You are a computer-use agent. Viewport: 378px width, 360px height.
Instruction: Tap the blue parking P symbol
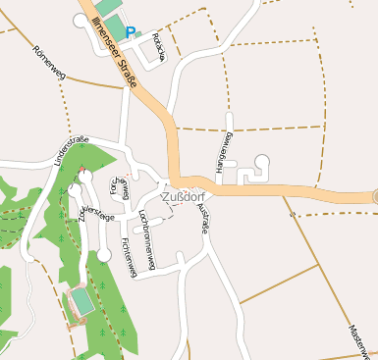131,32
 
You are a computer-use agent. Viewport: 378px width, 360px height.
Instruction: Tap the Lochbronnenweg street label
146,228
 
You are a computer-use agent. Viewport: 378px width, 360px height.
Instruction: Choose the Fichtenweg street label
128,254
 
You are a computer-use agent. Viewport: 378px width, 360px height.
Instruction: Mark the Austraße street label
204,218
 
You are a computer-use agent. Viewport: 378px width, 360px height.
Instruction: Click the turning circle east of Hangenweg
262,161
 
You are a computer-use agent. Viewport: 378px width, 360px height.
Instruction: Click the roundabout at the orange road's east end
376,196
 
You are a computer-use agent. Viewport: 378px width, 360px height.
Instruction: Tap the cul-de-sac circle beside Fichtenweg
104,255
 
